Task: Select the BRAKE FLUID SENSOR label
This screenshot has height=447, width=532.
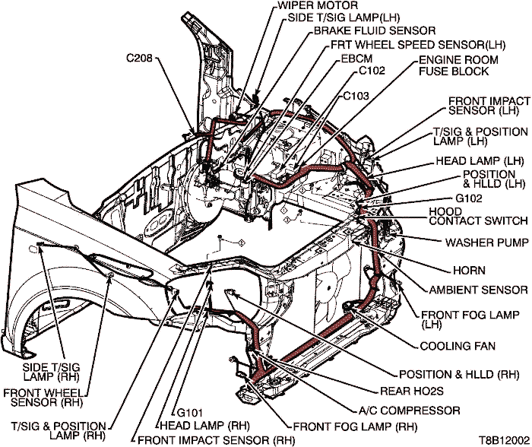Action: click(375, 31)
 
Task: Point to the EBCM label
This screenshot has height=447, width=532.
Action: click(357, 58)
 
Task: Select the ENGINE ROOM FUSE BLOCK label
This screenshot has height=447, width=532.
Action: click(458, 65)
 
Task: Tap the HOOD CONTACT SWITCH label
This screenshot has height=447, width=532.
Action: click(478, 215)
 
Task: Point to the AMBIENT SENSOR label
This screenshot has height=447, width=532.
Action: click(478, 290)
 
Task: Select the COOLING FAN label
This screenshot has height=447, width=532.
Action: click(458, 347)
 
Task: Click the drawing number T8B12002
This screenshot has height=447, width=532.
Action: click(502, 440)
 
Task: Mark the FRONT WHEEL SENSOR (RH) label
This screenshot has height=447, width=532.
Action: click(42, 397)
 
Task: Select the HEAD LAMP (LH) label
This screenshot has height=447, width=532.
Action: click(480, 162)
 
